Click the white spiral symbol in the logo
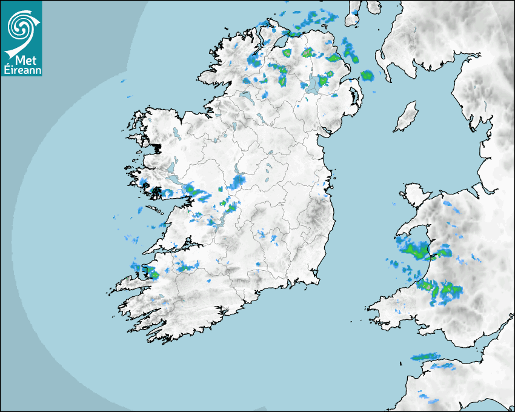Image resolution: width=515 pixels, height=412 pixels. [x=21, y=25]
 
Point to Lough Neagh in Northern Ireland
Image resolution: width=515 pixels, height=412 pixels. [x=313, y=84]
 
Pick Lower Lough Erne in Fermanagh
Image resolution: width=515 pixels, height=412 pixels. [x=246, y=96]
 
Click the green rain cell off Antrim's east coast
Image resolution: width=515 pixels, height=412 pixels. [x=367, y=75]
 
